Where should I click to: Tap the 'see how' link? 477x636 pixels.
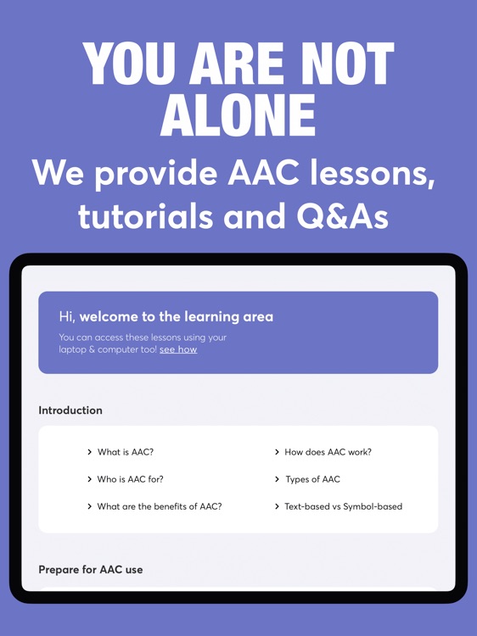click(x=178, y=349)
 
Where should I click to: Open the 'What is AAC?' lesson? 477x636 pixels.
click(x=125, y=452)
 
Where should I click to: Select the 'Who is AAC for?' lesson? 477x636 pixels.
click(x=130, y=479)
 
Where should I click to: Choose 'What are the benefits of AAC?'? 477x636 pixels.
click(x=159, y=506)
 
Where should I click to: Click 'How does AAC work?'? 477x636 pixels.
click(x=328, y=452)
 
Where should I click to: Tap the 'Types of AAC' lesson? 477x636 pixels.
click(x=312, y=479)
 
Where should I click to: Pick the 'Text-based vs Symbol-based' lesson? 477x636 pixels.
click(x=343, y=506)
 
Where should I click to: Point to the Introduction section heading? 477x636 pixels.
click(x=70, y=410)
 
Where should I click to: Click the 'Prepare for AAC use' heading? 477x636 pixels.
click(x=91, y=570)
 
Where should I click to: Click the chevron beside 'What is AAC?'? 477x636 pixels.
click(x=89, y=452)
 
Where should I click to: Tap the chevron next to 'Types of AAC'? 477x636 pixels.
click(x=277, y=479)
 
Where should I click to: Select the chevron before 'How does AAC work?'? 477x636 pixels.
click(x=277, y=452)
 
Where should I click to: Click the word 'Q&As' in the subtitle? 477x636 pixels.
click(x=342, y=216)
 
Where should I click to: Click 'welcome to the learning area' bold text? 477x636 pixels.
click(x=177, y=316)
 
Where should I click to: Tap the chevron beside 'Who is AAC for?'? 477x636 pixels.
click(x=89, y=479)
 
